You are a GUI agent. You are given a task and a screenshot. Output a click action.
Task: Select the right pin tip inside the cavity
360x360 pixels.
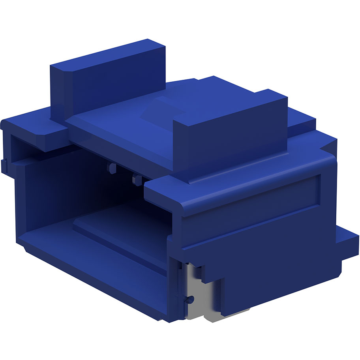pos(137,180)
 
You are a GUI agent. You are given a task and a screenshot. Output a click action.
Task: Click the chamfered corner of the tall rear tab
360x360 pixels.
pos(59,71)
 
